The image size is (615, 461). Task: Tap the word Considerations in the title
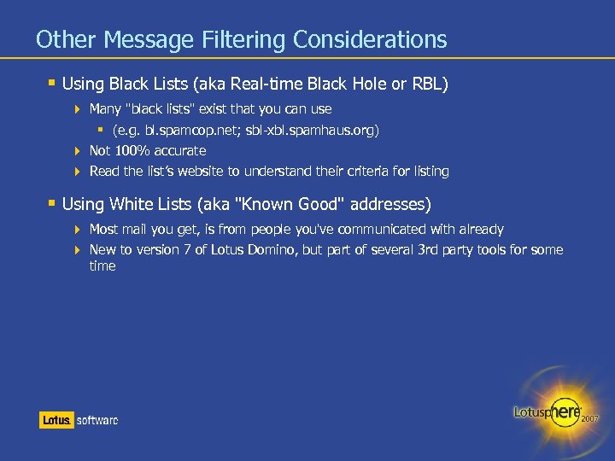[370, 39]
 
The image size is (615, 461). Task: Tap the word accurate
[181, 150]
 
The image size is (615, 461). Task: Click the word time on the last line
[102, 266]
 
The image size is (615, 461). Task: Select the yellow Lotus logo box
[56, 420]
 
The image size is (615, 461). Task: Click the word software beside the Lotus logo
[97, 420]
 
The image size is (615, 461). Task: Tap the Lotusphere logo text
[547, 411]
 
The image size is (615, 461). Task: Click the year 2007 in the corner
[590, 419]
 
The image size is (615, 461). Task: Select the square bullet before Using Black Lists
[52, 83]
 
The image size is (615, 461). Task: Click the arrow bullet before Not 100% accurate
[79, 151]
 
